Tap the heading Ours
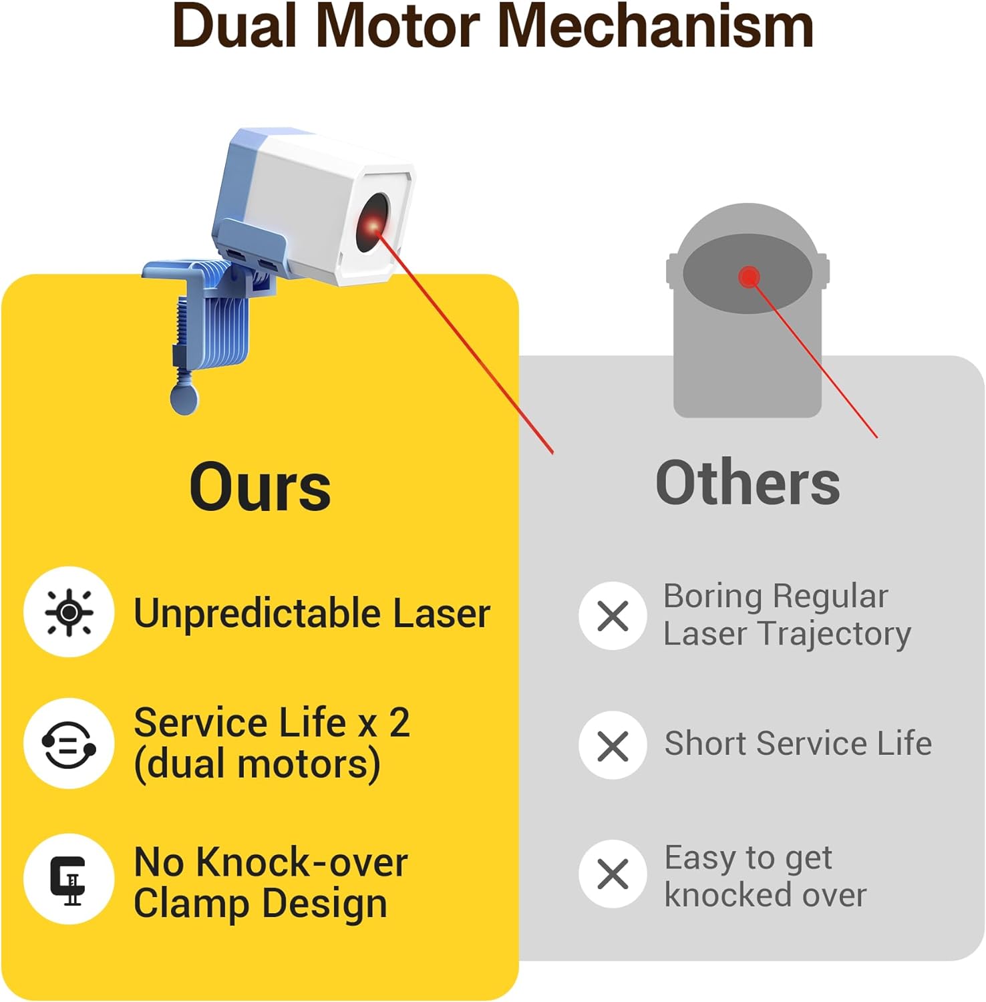click(x=260, y=486)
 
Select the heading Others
click(x=748, y=483)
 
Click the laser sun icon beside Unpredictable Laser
click(x=69, y=612)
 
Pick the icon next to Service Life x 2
click(x=69, y=743)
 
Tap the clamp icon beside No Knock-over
click(x=69, y=879)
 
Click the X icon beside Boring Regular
click(x=613, y=615)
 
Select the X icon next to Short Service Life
click(x=613, y=745)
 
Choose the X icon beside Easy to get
click(x=613, y=874)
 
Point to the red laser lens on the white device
click(x=372, y=224)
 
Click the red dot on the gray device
click(x=749, y=276)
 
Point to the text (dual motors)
click(x=257, y=764)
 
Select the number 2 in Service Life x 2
click(x=399, y=723)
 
